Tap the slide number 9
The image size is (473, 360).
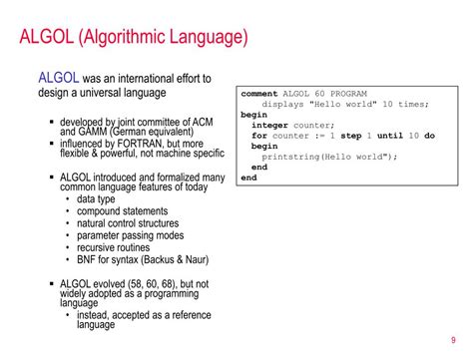[x=454, y=336]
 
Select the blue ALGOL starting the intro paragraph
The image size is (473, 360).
[x=57, y=78]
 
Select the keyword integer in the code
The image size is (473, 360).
[x=269, y=125]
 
